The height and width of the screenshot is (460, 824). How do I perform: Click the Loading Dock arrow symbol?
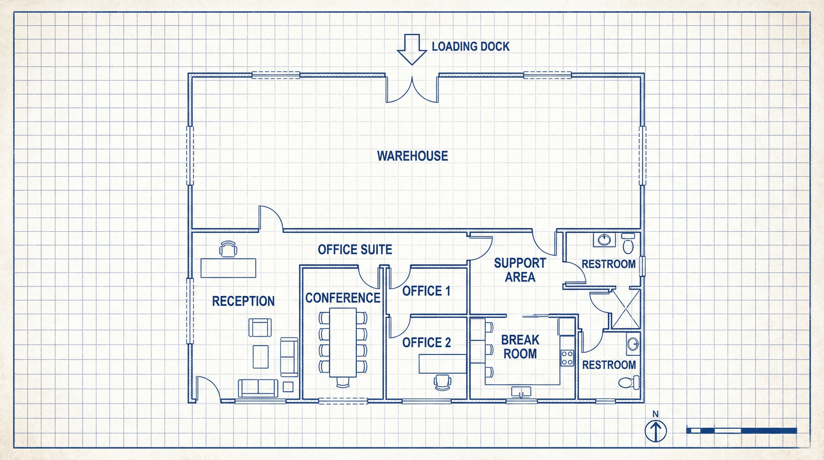click(412, 50)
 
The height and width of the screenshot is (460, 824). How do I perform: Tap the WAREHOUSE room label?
click(412, 156)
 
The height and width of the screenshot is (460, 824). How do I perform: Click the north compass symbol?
click(655, 431)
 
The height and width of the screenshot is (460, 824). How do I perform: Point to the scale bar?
click(741, 431)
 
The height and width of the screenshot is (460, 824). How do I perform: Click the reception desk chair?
click(228, 249)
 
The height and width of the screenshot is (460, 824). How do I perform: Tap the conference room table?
click(343, 342)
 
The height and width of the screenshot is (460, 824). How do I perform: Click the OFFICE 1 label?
click(426, 291)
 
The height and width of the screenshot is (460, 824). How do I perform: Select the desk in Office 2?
click(442, 364)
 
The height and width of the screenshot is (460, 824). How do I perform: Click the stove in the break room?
click(567, 358)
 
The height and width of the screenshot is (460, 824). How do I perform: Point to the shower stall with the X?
click(626, 309)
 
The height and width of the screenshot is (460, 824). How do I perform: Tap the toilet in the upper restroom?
click(628, 244)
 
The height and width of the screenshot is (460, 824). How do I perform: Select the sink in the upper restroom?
click(604, 240)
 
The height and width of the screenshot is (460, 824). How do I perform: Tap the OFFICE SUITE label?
click(355, 249)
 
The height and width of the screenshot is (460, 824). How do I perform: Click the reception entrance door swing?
click(207, 388)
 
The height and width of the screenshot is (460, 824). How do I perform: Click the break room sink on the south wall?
click(521, 391)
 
